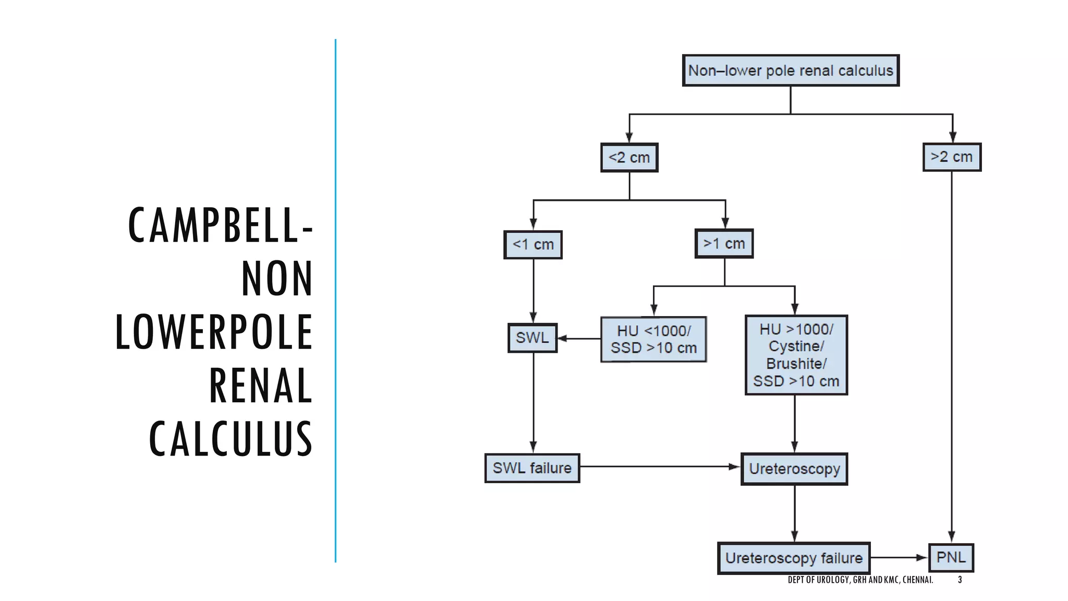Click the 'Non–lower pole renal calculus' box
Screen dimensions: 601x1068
point(791,70)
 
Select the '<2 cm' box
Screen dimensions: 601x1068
point(629,158)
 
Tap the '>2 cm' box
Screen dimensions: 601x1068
point(952,157)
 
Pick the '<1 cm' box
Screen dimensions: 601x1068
point(533,245)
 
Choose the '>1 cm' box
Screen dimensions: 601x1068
point(724,244)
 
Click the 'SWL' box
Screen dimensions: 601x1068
point(532,338)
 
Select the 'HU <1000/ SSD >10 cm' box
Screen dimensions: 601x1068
point(653,339)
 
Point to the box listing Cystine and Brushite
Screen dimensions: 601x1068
point(796,355)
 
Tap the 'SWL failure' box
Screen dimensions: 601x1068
point(532,468)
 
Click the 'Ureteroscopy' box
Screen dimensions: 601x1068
point(794,469)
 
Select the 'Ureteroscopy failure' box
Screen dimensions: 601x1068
point(794,558)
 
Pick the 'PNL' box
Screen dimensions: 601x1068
point(951,558)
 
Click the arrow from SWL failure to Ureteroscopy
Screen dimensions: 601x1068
point(660,466)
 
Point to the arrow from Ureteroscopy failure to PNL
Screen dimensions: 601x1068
point(899,558)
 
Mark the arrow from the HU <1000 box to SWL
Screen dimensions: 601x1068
point(579,339)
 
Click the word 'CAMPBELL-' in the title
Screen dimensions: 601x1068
point(221,225)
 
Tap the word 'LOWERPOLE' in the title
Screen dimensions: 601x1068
point(214,332)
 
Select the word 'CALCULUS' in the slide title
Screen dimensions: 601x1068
point(230,439)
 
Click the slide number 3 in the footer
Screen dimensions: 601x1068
point(960,580)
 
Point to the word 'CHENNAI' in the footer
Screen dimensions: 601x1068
point(917,580)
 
